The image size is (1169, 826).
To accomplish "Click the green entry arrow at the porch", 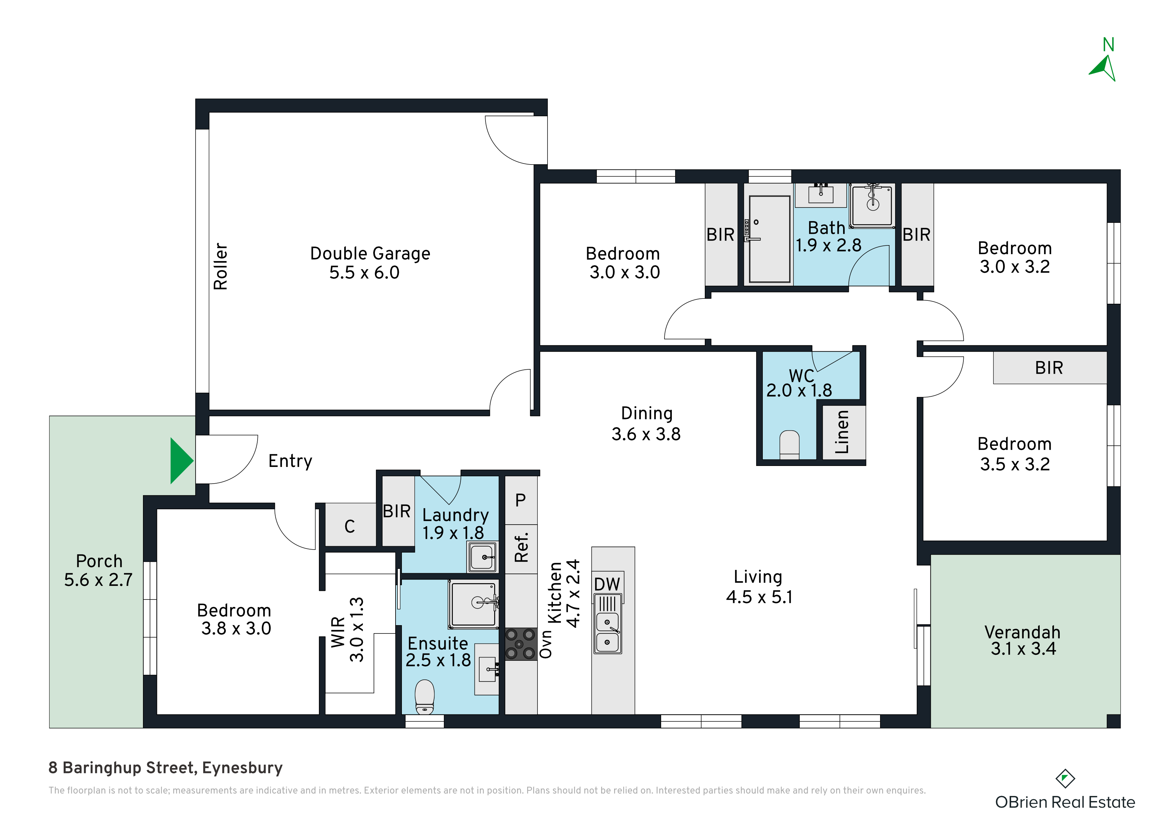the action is [181, 461].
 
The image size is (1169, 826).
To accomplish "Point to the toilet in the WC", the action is [789, 444].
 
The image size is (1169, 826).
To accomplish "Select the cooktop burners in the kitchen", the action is [521, 644].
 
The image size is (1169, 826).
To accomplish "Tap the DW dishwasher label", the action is [607, 584].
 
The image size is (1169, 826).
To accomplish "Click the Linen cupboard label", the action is [842, 432].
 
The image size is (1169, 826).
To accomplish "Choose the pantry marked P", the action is [520, 500].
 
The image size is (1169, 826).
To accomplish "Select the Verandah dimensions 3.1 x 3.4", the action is [1023, 649].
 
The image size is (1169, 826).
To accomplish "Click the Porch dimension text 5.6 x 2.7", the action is [98, 580].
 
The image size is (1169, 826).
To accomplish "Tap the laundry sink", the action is [483, 557].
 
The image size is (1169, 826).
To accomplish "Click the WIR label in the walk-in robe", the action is [338, 632].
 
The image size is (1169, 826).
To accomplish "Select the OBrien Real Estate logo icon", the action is [1065, 778].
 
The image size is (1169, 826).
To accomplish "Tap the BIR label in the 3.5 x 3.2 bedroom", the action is [1049, 367].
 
